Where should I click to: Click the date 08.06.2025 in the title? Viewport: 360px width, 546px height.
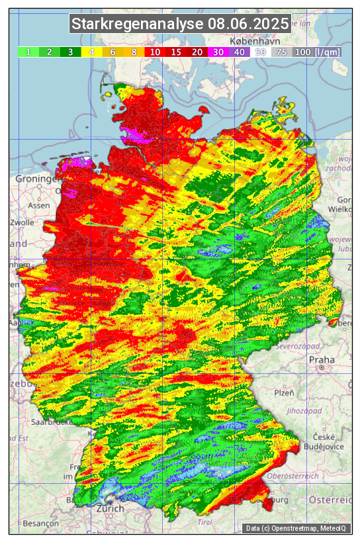[248, 25]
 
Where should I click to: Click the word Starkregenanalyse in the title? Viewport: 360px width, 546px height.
[138, 25]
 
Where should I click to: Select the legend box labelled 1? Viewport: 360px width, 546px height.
[28, 52]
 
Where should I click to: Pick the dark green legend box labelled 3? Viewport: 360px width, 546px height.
[71, 52]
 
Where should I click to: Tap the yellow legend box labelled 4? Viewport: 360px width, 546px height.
[92, 52]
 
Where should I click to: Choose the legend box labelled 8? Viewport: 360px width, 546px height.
[134, 52]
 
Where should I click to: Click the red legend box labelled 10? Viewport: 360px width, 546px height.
[156, 52]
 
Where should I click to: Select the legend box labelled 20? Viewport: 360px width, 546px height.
[197, 52]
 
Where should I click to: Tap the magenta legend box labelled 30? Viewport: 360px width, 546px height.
[218, 52]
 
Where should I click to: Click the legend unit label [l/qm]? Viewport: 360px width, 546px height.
[328, 52]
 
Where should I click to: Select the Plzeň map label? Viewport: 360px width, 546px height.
[284, 392]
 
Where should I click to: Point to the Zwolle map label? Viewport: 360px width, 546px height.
[21, 222]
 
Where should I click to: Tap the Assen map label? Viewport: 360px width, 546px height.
[39, 205]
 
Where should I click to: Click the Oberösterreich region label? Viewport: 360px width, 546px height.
[293, 475]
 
